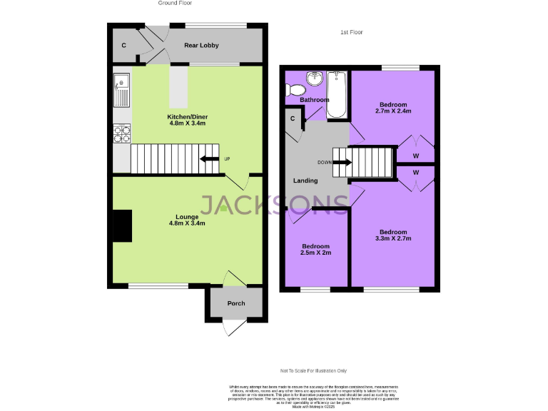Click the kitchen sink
pos(121,89)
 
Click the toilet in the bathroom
pos(294,90)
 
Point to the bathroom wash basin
pos(314,78)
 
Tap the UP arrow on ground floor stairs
pos(210,159)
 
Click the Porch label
pos(235,303)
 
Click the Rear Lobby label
pos(201,46)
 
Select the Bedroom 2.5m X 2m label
pos(315,249)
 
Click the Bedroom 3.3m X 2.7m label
pos(393,235)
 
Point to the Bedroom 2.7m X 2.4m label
pos(393,108)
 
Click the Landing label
pos(305,181)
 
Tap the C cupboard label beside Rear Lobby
pos(123,46)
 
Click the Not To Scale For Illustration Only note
pos(313,371)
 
